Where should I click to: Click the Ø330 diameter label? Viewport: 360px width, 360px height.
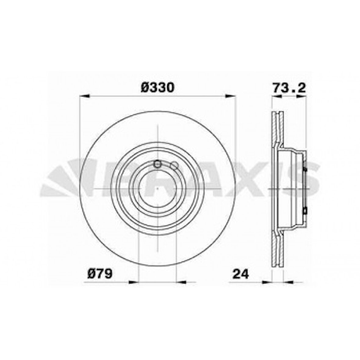click(x=157, y=88)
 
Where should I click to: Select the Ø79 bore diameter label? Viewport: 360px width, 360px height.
click(x=100, y=273)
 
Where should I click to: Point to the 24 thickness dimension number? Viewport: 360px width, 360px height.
click(x=241, y=273)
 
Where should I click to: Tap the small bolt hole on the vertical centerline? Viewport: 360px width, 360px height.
click(x=157, y=164)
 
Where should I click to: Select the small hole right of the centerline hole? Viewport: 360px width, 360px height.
click(x=174, y=166)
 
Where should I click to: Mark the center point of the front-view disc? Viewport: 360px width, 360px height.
click(x=157, y=189)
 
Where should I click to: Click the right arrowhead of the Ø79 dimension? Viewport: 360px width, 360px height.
click(x=181, y=282)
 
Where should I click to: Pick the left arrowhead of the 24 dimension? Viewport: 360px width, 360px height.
click(x=267, y=282)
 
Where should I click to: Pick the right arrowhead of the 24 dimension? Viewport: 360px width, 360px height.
click(x=288, y=282)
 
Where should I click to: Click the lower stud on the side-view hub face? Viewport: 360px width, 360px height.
click(x=305, y=210)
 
